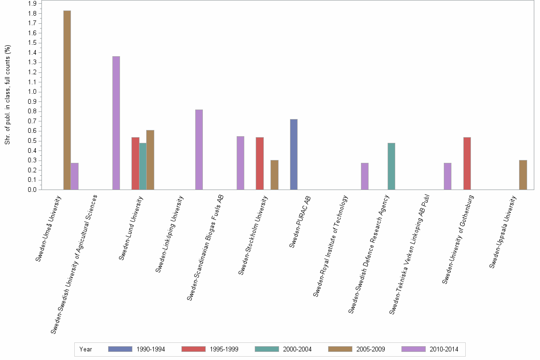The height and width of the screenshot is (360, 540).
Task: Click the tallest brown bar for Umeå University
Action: (x=67, y=100)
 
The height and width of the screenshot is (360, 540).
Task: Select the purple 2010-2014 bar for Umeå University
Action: (x=75, y=176)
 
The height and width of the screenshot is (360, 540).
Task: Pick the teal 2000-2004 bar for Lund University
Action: (x=143, y=166)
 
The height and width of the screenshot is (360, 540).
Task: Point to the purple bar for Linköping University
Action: (x=199, y=150)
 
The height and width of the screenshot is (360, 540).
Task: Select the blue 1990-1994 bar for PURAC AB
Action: (x=294, y=154)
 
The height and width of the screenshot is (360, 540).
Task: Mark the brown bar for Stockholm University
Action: (x=274, y=175)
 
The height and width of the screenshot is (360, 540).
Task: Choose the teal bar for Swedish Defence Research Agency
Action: (x=391, y=166)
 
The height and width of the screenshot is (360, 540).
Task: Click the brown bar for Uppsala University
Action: (x=523, y=175)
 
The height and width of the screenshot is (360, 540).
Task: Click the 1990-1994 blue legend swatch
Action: (x=120, y=350)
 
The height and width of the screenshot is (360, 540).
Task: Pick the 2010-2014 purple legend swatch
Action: (x=413, y=350)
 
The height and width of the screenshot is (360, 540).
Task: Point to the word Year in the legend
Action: (x=86, y=350)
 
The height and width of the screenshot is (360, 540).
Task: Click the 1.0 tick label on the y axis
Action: (x=32, y=92)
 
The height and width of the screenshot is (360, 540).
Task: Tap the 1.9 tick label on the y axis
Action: (x=32, y=3)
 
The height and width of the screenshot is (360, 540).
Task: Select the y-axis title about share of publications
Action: (x=8, y=95)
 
